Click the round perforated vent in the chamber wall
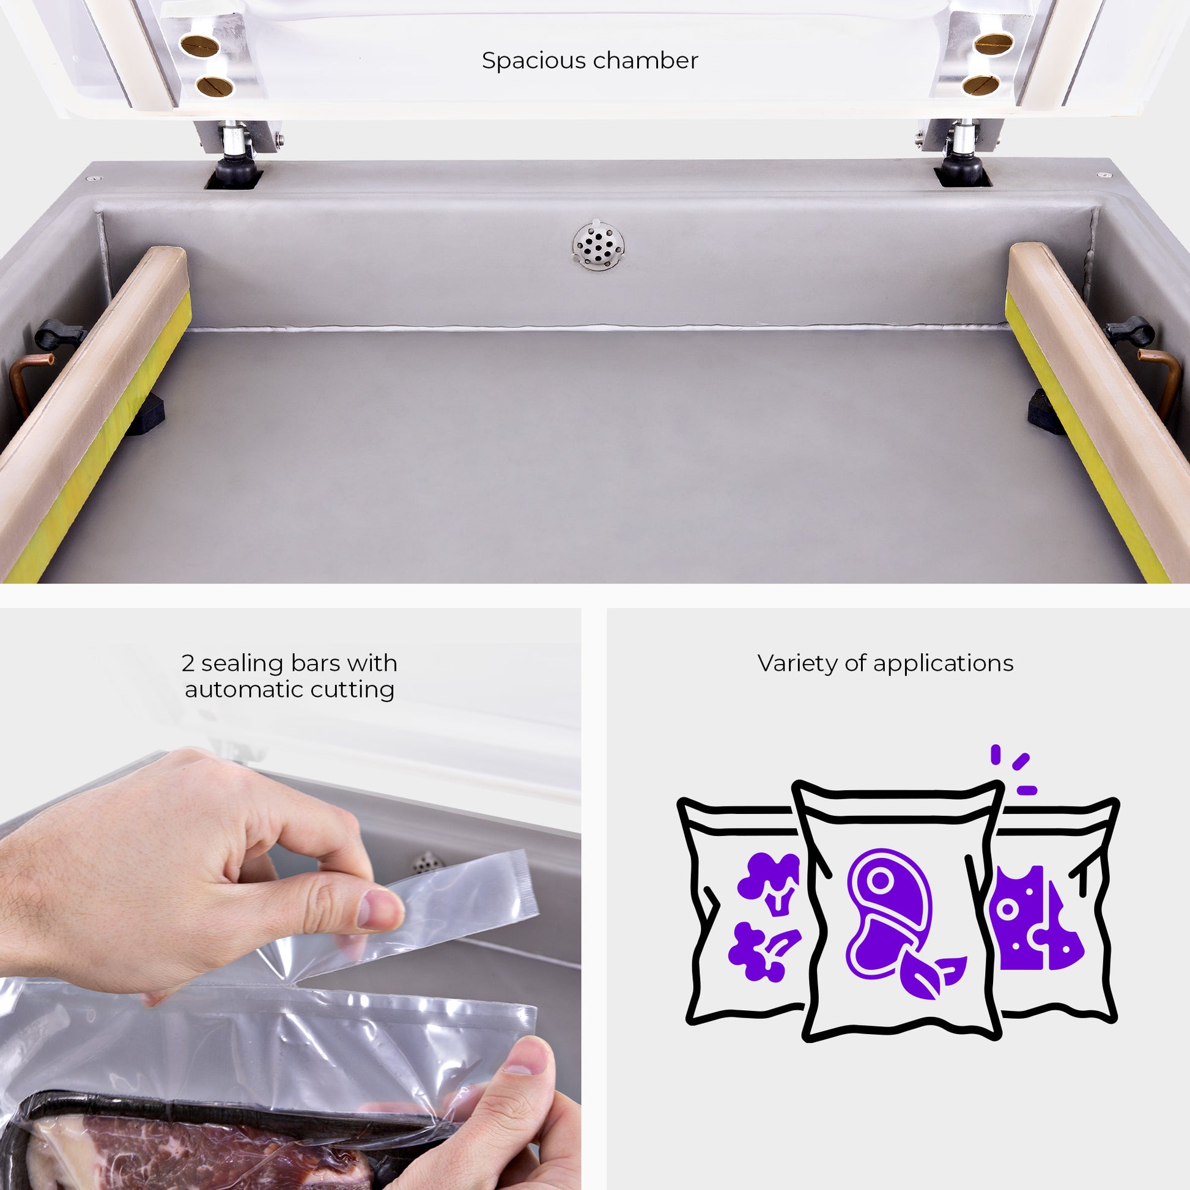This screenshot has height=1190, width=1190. click(x=597, y=244)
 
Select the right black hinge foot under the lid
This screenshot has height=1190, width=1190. click(x=963, y=167)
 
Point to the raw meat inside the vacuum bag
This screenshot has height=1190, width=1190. click(x=203, y=1152)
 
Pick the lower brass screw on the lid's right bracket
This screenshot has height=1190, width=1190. click(x=981, y=85)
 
